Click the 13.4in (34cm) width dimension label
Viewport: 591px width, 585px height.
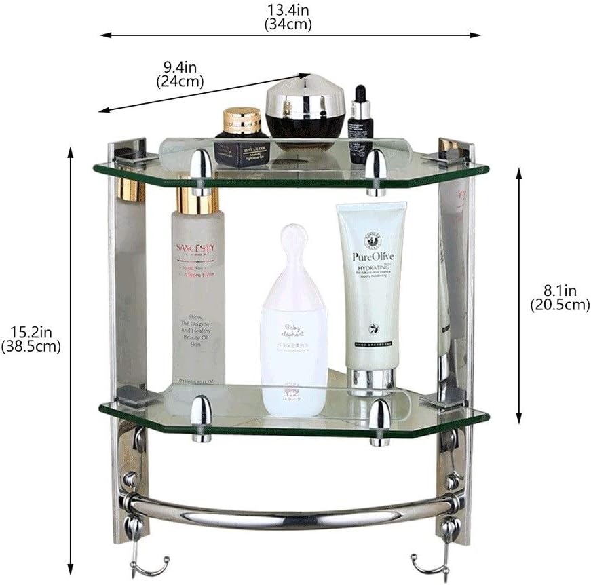(288, 18)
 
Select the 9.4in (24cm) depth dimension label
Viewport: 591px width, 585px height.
(180, 74)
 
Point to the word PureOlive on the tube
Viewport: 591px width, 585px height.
(371, 257)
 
